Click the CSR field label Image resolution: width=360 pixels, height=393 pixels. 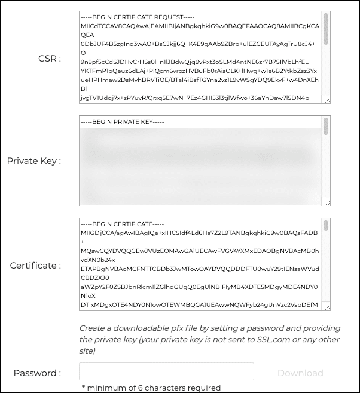point(50,59)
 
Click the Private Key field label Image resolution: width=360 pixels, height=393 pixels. point(34,160)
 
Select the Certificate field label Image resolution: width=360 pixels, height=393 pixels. point(35,265)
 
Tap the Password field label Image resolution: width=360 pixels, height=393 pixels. point(37,373)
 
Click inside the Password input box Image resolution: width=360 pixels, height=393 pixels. point(166,371)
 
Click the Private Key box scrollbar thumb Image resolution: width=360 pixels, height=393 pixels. point(326,126)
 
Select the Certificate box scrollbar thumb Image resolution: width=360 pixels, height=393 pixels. point(326,226)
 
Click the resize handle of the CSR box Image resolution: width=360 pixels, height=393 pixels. point(327,100)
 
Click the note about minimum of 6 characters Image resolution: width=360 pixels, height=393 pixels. point(151,388)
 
